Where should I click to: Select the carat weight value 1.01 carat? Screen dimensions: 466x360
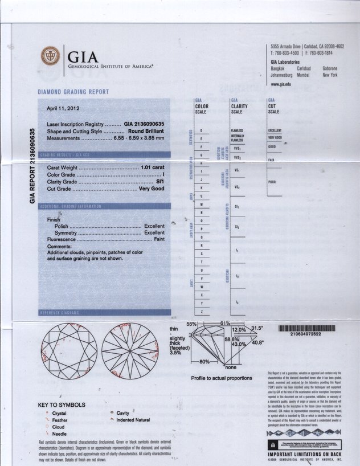point(152,167)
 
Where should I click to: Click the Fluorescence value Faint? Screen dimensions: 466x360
point(159,240)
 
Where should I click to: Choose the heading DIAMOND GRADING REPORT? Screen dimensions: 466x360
point(73,92)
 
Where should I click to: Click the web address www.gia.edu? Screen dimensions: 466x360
point(281,84)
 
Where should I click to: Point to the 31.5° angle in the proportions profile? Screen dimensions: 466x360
point(257,328)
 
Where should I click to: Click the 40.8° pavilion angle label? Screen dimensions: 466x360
point(257,342)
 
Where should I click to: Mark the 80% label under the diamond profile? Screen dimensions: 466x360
point(204,362)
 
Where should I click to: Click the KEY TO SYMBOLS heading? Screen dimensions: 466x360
point(62,405)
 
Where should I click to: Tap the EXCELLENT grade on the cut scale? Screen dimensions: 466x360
point(275,130)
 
